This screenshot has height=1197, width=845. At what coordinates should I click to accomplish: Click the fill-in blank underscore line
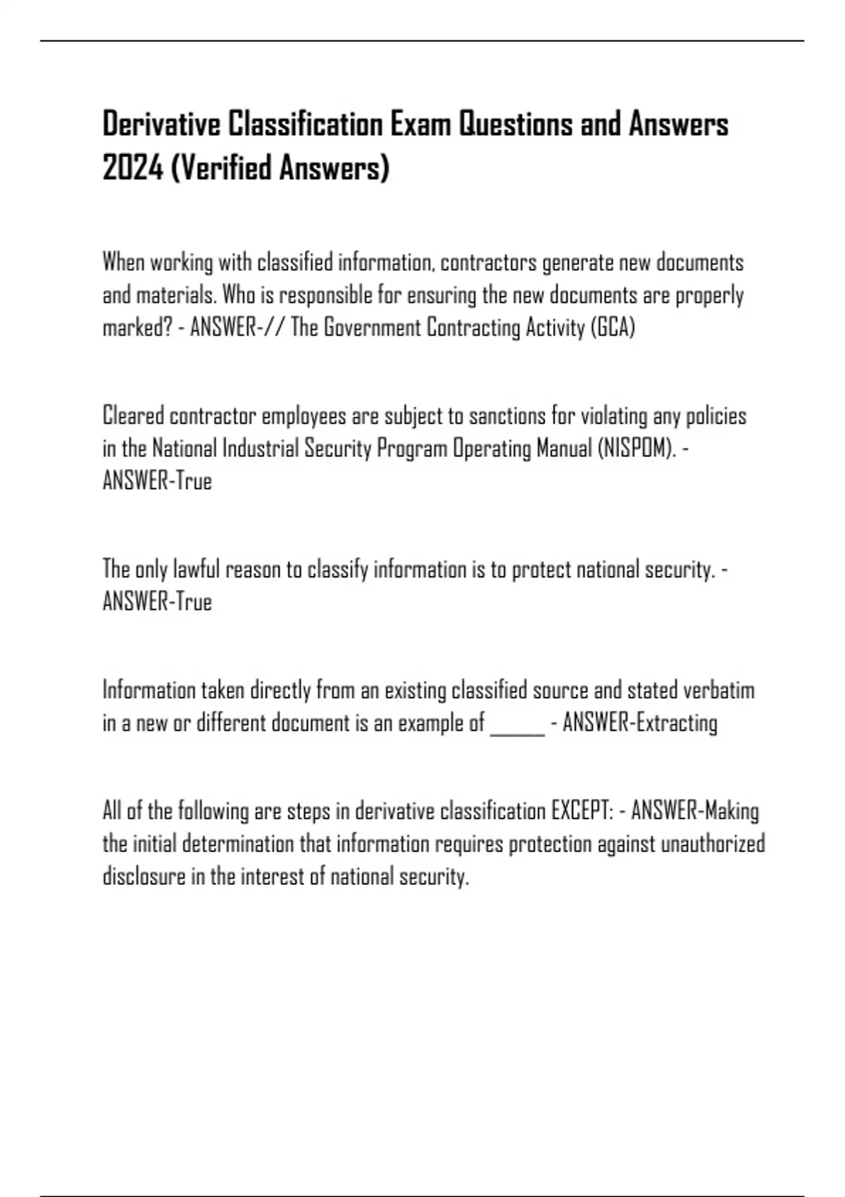517,724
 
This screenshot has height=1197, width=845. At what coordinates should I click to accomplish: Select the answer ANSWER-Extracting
640,723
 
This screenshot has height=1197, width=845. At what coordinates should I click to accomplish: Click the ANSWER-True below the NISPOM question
157,482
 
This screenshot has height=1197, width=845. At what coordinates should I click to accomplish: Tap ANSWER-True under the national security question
157,602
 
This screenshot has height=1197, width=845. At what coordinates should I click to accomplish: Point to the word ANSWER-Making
694,811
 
